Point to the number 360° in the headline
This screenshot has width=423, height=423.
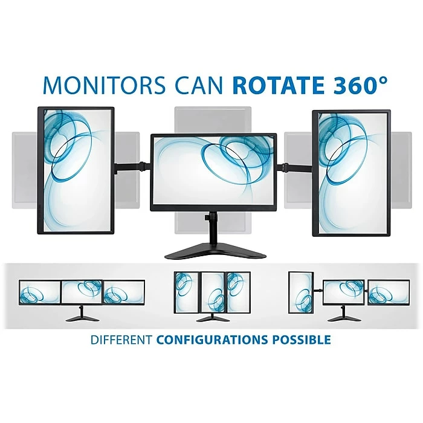coord(357,85)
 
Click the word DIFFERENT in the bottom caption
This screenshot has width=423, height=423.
coord(121,340)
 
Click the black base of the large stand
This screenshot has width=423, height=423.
coord(213,251)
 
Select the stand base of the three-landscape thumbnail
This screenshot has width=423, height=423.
coord(82,318)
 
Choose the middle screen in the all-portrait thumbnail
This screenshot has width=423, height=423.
coord(212,291)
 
